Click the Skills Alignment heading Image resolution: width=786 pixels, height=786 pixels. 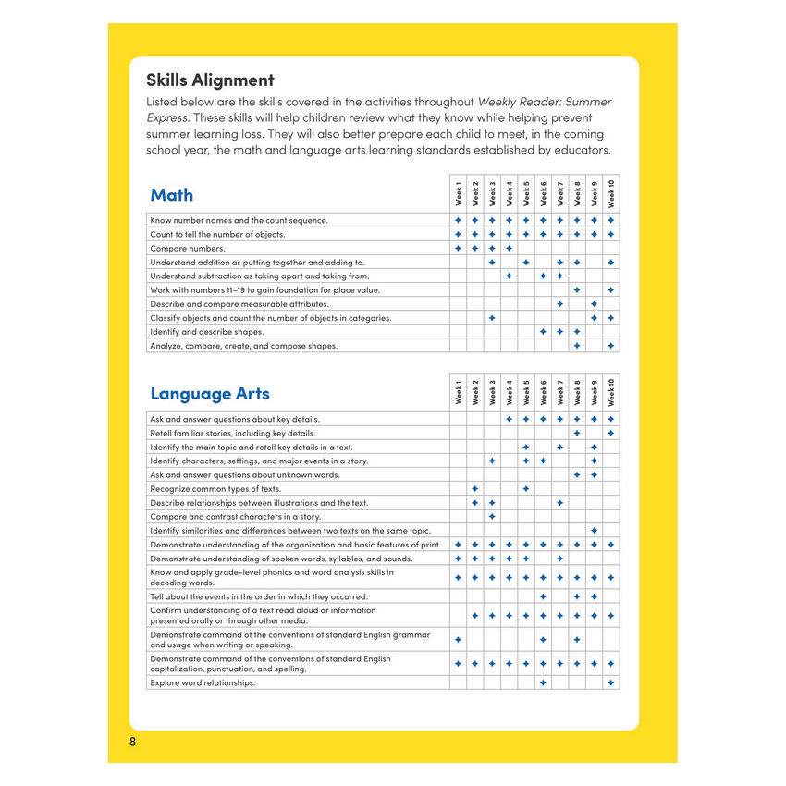[210, 80]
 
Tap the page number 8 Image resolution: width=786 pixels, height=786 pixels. [133, 743]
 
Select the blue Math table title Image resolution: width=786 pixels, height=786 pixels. [172, 195]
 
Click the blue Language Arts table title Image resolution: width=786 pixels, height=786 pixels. [210, 394]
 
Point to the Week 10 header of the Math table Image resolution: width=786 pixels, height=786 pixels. [611, 193]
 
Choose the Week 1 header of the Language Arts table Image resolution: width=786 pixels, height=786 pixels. [458, 392]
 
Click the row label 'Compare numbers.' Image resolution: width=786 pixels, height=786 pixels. [187, 249]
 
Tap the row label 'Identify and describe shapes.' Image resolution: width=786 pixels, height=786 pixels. [206, 332]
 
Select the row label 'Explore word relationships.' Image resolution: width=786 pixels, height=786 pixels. [202, 682]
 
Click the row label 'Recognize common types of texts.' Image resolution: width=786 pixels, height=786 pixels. [215, 488]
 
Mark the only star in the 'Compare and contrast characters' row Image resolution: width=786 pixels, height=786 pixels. [492, 516]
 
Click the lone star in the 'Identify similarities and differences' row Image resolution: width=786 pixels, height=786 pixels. [594, 530]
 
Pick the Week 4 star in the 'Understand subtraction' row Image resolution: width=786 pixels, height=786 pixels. [509, 276]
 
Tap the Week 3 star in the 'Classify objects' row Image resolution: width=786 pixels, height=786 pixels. [492, 318]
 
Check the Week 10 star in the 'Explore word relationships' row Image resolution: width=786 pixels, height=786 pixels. [611, 682]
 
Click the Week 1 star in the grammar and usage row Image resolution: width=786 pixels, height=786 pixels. [458, 639]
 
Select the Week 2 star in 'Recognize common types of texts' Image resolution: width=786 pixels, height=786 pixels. [474, 488]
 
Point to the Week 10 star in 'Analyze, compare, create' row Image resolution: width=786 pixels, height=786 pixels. [611, 346]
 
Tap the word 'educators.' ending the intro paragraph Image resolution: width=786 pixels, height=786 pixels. [579, 151]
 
